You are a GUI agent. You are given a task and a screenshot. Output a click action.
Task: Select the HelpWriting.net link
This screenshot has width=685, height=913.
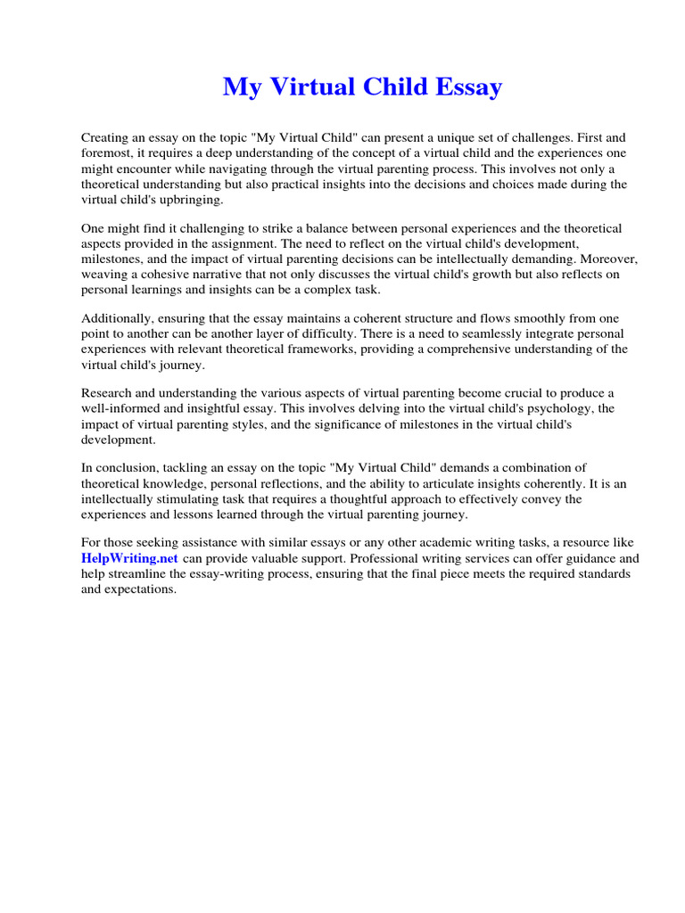pyautogui.click(x=130, y=558)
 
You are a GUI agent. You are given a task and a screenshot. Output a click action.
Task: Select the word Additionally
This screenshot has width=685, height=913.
pyautogui.click(x=116, y=318)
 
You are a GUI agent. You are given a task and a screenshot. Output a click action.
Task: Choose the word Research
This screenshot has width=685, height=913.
pyautogui.click(x=108, y=394)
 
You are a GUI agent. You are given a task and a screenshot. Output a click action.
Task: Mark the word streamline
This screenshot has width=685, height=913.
pyautogui.click(x=138, y=573)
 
